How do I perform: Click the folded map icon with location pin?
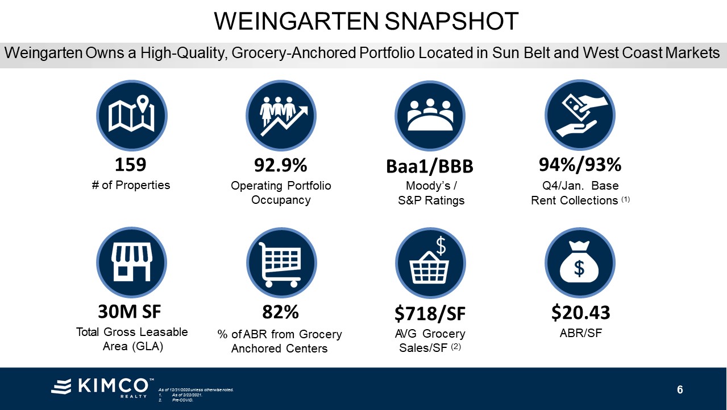132,115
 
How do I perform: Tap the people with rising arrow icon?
281,115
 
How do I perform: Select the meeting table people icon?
430,116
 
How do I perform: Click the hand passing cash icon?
580,115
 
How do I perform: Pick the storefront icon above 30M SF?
132,263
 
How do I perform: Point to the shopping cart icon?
281,263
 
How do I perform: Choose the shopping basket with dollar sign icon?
430,263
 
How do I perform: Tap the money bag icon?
580,263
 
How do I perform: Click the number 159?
131,165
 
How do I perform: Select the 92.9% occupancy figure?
280,165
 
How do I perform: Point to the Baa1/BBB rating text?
430,166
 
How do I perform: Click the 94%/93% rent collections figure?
580,165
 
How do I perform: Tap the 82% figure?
280,312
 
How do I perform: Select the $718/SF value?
430,313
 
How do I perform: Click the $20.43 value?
580,312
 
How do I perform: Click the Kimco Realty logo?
102,387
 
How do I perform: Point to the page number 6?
680,389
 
